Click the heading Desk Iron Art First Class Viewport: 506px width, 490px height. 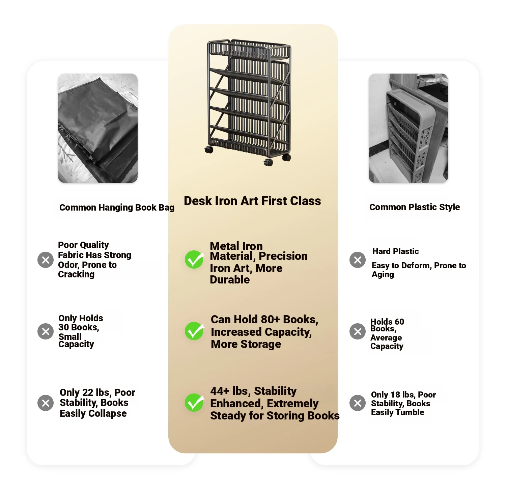point(252,201)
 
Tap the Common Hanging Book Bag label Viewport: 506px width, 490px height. point(117,207)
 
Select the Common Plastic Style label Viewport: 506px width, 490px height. point(415,207)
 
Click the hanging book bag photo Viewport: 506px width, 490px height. point(98,128)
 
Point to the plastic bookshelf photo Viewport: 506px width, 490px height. point(409,128)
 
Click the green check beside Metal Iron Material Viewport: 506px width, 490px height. point(194,260)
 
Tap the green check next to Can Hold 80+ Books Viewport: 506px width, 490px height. point(194,331)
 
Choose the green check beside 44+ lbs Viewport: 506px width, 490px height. point(194,403)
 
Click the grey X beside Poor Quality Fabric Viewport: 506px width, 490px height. point(46,260)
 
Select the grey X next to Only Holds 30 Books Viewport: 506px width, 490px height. point(46,331)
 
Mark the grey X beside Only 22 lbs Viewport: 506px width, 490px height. point(46,403)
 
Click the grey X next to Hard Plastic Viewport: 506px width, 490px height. point(358,260)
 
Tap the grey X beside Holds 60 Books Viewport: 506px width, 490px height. point(358,331)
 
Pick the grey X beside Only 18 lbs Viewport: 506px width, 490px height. point(358,403)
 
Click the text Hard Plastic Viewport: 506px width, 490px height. point(395,251)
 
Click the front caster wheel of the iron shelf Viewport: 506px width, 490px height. point(269,162)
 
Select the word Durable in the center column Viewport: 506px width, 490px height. point(230,279)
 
